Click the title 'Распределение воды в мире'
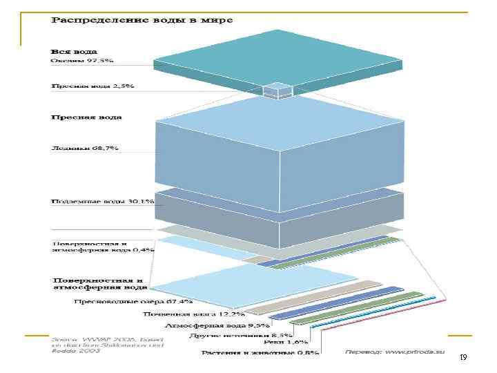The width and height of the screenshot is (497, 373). pos(142,20)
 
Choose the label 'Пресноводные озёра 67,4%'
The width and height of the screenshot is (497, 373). pos(133,302)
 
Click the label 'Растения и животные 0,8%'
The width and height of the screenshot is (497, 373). pos(260,352)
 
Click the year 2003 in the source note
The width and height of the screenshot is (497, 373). pos(90,351)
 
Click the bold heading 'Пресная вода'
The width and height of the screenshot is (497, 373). pos(86,117)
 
